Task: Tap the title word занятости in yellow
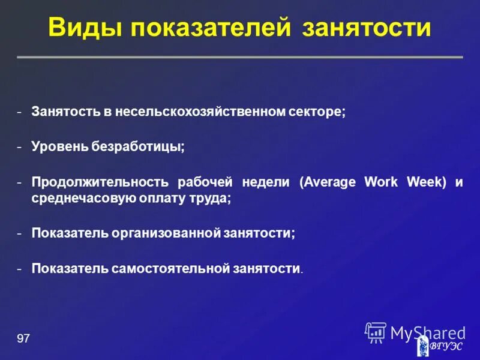point(367,28)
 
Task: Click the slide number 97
point(23,340)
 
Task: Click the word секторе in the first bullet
point(316,112)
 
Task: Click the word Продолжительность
point(100,182)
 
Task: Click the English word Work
point(381,182)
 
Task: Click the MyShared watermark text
point(427,332)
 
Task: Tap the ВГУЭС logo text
point(448,346)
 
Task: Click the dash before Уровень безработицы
point(20,147)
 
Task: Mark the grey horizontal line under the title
point(240,57)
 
